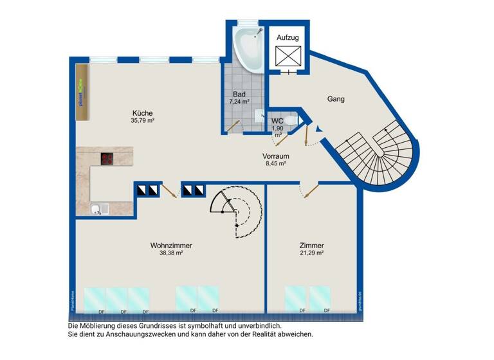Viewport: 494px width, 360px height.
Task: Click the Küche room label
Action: (x=142, y=113)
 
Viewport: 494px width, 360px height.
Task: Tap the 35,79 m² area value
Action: (x=142, y=120)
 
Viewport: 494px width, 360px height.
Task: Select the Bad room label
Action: (x=239, y=94)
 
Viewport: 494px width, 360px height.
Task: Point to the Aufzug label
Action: (x=288, y=38)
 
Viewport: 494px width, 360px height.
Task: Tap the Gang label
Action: (x=336, y=99)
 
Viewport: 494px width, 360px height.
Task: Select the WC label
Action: (x=278, y=120)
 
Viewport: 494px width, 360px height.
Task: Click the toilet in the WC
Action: (x=290, y=120)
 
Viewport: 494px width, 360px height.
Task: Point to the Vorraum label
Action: (x=275, y=156)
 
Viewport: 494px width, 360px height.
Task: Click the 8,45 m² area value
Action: (x=275, y=163)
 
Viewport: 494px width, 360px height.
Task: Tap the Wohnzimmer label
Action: (x=171, y=246)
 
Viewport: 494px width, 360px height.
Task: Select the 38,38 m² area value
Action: (x=171, y=253)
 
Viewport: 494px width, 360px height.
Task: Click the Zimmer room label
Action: (x=311, y=246)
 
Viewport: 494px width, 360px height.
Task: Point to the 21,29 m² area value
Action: (x=311, y=253)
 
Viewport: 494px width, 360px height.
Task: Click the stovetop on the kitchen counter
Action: (x=107, y=159)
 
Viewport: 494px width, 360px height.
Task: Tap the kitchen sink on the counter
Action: (x=97, y=208)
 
